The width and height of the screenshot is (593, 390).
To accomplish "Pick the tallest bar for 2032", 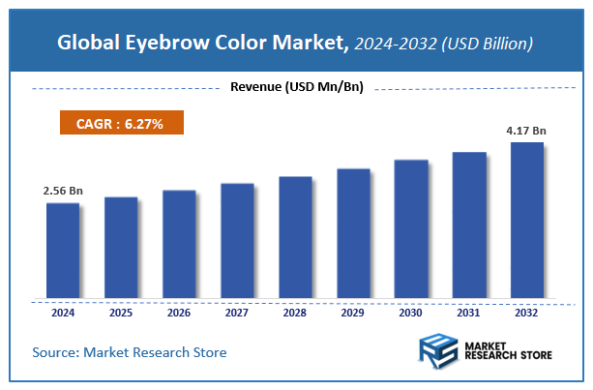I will pyautogui.click(x=527, y=220).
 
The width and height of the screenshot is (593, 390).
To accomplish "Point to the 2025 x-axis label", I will pyautogui.click(x=121, y=313).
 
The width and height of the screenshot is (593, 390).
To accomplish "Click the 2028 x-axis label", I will pyautogui.click(x=295, y=313).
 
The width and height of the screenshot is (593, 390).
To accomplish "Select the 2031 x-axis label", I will pyautogui.click(x=469, y=313).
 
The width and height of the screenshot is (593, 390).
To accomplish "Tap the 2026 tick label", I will pyautogui.click(x=179, y=313).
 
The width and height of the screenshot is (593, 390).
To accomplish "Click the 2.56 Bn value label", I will pyautogui.click(x=63, y=191).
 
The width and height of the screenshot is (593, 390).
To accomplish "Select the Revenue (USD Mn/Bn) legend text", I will pyautogui.click(x=296, y=88).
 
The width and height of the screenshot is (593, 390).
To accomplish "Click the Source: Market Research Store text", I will pyautogui.click(x=130, y=352).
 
